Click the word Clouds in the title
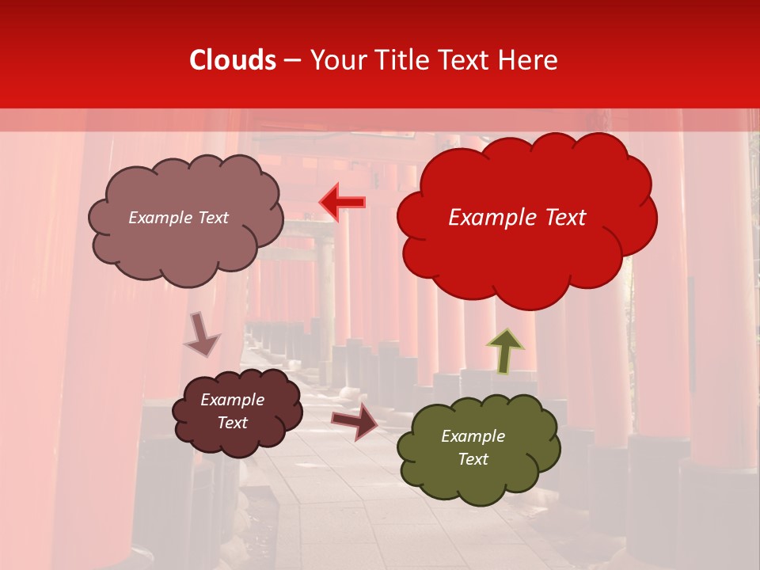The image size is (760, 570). click(x=233, y=60)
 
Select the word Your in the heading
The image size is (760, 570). click(x=334, y=60)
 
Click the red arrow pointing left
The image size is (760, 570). click(x=343, y=203)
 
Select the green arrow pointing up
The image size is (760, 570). click(x=505, y=350)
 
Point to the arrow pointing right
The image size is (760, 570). click(x=355, y=420)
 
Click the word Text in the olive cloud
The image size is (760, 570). click(x=473, y=459)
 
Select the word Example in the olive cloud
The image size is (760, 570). click(x=473, y=436)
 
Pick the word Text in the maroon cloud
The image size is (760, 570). click(x=232, y=423)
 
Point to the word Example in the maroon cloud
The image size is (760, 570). click(x=232, y=400)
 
